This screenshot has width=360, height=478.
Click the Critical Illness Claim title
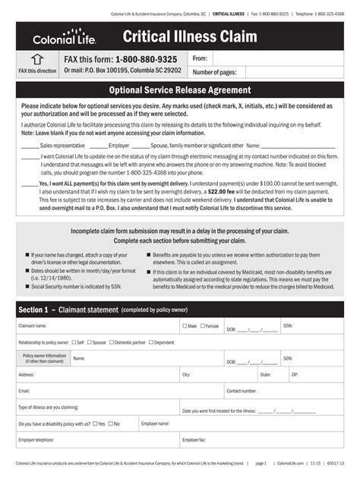point(190,36)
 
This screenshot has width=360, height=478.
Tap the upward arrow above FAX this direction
point(36,59)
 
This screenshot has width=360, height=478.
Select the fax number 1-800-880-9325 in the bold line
point(147,59)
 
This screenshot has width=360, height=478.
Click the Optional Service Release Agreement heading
point(179,90)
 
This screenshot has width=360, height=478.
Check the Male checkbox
point(185,325)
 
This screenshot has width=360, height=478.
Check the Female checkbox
point(201,325)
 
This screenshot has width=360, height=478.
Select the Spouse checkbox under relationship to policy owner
point(90,342)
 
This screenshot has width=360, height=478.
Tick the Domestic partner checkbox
point(111,342)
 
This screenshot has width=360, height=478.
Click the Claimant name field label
point(33,325)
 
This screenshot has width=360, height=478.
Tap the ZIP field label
point(295,374)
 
